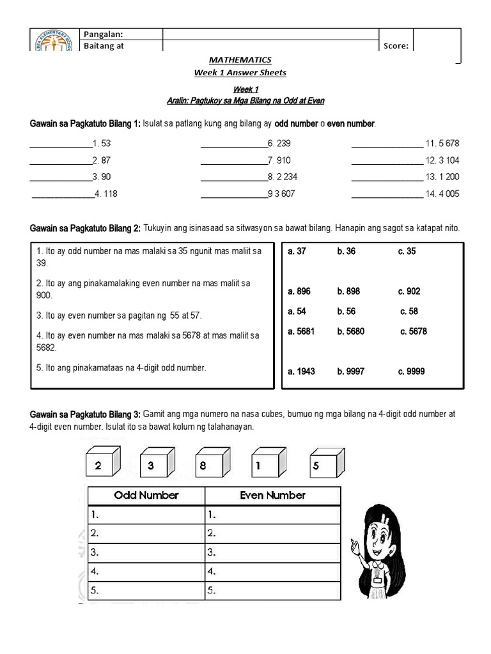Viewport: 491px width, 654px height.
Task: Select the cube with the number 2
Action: (102, 464)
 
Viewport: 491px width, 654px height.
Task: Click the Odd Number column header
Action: (146, 495)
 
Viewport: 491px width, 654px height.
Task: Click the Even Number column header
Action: (272, 495)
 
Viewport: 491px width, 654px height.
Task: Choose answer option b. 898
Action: (348, 291)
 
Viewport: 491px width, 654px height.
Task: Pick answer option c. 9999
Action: (411, 371)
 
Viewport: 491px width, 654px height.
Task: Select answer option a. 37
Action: (297, 251)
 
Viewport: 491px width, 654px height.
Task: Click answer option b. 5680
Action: (352, 331)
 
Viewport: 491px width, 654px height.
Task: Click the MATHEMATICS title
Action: (240, 60)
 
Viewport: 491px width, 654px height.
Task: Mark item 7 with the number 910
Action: (281, 160)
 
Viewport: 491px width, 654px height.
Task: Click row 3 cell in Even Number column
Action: (272, 552)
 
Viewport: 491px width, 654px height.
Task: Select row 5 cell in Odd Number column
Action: (146, 591)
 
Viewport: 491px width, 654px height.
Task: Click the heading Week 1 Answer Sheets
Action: (240, 72)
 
